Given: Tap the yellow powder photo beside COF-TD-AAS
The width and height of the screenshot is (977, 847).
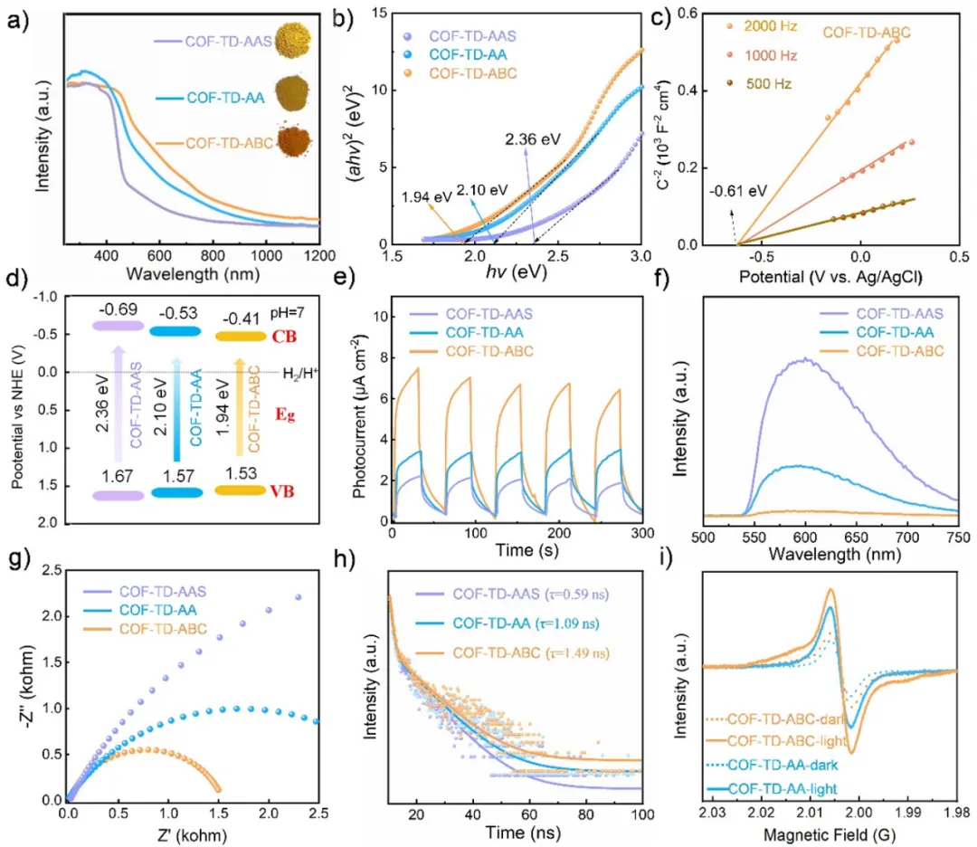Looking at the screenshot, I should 291,40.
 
